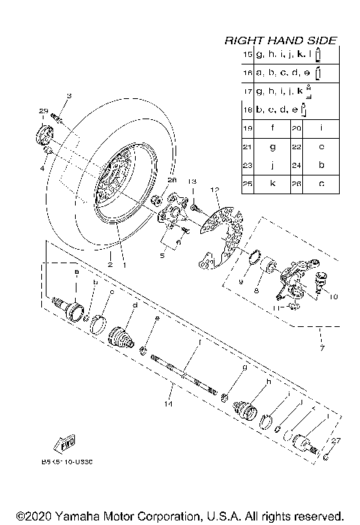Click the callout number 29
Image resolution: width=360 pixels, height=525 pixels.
point(42,111)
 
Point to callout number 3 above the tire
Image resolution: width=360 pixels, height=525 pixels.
point(67,95)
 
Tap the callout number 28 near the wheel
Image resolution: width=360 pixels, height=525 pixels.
point(149,181)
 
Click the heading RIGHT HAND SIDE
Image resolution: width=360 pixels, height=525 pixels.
point(280,40)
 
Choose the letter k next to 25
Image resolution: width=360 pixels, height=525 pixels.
point(273,182)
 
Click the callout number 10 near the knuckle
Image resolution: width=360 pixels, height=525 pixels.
point(334,295)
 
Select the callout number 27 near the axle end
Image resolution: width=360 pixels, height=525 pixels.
point(336,439)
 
